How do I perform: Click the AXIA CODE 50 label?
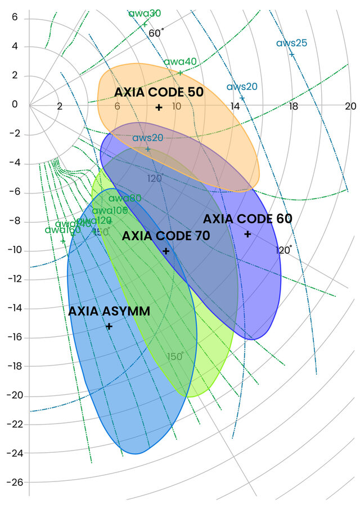(159, 92)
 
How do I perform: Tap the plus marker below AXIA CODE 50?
(159, 107)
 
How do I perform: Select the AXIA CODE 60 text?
(247, 219)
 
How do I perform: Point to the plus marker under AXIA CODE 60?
(247, 234)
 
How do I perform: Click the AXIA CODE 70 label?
(166, 236)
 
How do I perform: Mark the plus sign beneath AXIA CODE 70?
(166, 251)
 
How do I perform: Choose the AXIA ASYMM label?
(109, 311)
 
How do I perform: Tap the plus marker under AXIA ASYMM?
(109, 326)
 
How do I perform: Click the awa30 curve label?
(144, 13)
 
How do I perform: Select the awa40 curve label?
(180, 62)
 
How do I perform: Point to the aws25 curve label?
(291, 43)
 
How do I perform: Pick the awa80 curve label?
(124, 198)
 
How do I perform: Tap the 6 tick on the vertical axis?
(15, 17)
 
